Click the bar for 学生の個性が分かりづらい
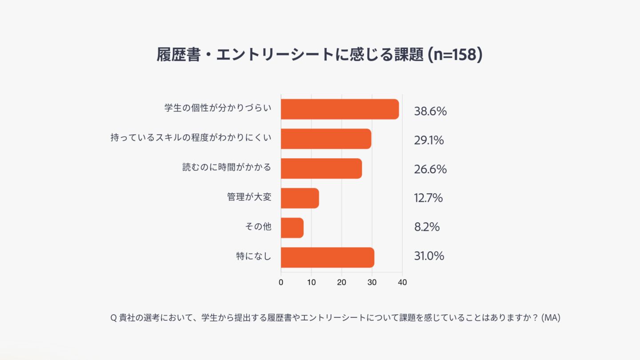point(340,109)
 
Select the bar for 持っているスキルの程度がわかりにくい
point(326,139)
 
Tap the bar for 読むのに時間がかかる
point(321,168)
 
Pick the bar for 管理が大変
point(300,198)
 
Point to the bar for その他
point(292,228)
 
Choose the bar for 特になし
point(327,257)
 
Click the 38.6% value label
point(430,111)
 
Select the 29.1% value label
point(429,140)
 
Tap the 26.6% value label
point(430,169)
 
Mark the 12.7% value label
point(428,198)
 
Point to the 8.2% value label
point(427,227)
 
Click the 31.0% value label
point(429,256)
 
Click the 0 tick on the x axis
point(281,282)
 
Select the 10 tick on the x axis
point(311,282)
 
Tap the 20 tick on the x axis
point(341,282)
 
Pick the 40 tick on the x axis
point(402,282)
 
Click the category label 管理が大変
point(249,197)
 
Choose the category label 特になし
point(253,256)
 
